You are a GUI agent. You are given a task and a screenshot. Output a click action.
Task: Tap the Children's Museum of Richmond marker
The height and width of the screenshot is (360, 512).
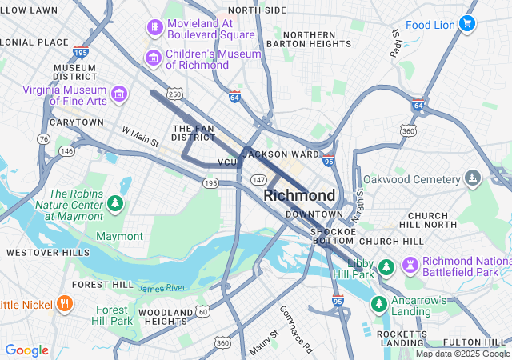153,58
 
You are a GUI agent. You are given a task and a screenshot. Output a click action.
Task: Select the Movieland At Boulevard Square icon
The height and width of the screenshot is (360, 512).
153,28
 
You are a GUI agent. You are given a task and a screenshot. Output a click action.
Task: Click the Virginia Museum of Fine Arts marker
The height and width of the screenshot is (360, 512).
119,94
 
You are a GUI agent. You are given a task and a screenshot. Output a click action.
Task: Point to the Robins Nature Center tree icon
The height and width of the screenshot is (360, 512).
115,205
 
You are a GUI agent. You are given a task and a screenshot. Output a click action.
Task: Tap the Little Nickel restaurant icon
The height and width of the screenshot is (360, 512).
65,304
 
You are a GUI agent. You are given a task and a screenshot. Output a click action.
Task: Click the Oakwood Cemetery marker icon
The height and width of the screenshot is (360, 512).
474,178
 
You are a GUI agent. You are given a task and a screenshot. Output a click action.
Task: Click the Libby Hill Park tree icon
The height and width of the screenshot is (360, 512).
386,265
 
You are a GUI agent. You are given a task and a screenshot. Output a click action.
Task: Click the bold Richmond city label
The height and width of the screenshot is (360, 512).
299,195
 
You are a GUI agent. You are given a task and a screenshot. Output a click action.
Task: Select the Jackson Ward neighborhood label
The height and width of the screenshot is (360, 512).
281,154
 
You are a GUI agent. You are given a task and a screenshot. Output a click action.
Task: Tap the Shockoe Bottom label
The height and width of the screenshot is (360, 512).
332,237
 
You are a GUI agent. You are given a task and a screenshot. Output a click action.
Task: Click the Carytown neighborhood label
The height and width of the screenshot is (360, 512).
76,122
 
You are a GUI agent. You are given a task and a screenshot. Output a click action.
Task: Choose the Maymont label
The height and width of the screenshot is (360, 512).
119,236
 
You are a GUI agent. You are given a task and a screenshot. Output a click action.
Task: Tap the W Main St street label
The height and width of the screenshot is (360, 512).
141,135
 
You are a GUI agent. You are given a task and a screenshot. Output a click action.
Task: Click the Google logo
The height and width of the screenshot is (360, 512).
26,350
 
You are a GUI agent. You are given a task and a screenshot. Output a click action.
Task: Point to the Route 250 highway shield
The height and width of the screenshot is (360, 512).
174,94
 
